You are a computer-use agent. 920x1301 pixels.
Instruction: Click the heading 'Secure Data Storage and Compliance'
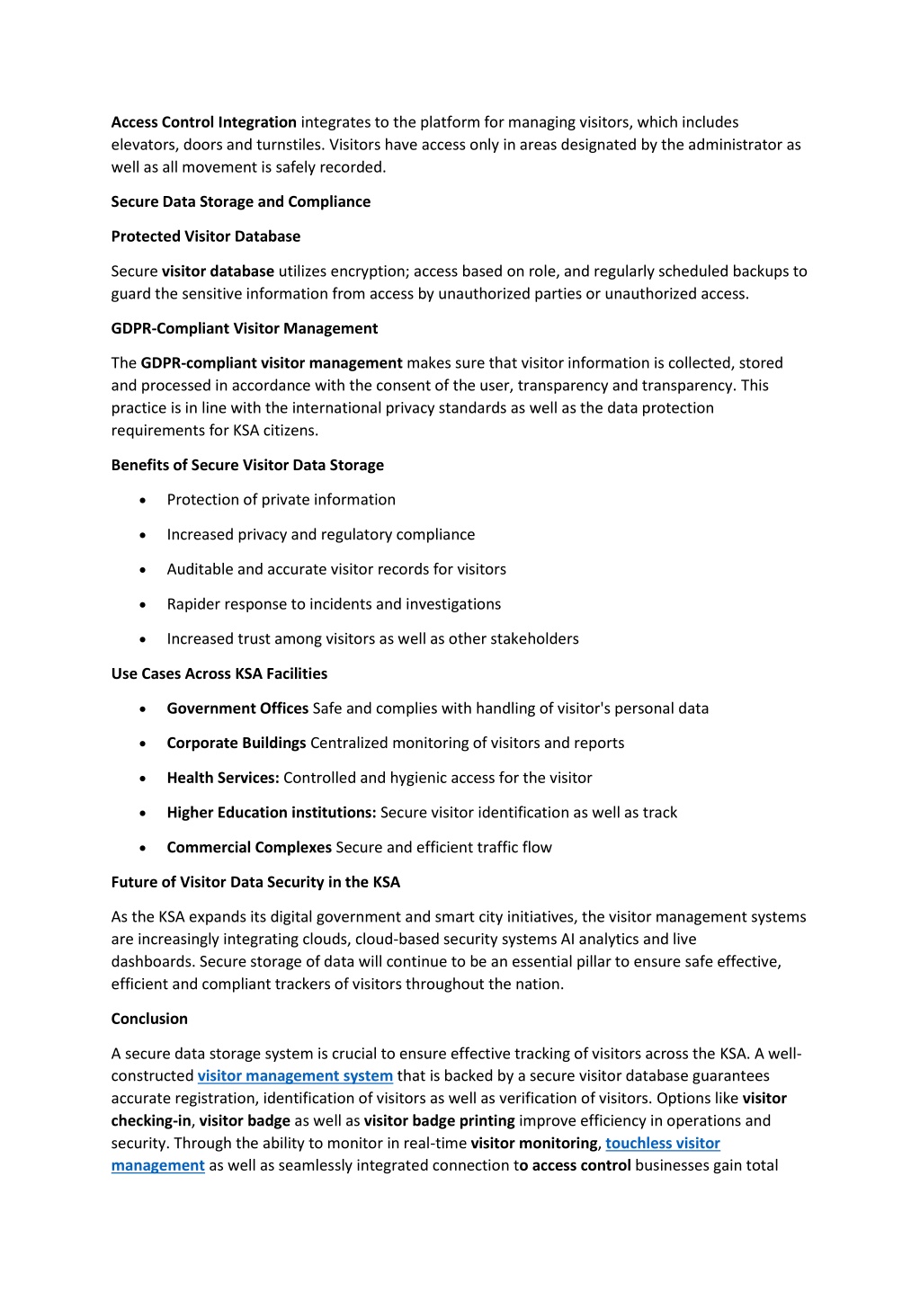coord(240,201)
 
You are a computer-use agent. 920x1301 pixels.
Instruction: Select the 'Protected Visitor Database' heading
coord(205,236)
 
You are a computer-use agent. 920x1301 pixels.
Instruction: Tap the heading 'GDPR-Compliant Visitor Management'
coord(244,328)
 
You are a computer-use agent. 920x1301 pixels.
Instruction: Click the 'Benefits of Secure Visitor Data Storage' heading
coord(247,465)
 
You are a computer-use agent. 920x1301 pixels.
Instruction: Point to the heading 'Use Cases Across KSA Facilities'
coord(219,673)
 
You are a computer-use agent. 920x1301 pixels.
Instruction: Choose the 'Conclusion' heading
coord(149,1019)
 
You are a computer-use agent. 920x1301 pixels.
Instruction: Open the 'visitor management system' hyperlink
coord(295,1075)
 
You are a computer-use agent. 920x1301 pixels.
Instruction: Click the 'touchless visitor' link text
coord(662,1143)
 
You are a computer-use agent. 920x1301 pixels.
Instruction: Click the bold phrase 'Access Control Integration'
coord(203,122)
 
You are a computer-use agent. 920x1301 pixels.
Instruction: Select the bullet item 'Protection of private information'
coord(281,500)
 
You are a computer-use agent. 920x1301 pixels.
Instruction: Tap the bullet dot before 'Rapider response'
coord(143,605)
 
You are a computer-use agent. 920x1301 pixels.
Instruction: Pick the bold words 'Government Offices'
coord(237,708)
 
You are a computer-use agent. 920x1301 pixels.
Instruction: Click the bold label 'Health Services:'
coord(223,778)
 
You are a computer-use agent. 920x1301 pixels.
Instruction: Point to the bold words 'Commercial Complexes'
coord(249,847)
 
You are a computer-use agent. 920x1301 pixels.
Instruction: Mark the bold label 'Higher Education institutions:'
coord(271,813)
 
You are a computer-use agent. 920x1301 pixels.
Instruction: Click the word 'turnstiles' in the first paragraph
coord(290,145)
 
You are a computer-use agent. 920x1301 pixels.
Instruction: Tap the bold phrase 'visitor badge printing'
coord(439,1120)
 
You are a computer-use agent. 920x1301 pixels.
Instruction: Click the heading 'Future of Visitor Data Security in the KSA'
coord(255,882)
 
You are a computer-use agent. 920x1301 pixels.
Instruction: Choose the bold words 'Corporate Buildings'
coord(237,743)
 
